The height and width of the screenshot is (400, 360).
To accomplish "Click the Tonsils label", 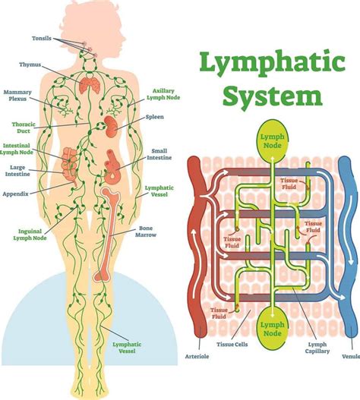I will point(43,37).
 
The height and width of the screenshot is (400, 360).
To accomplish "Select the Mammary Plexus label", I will point(17,96).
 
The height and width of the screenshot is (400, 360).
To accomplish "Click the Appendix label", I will point(15,194).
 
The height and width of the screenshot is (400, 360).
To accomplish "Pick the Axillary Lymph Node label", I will point(163,94).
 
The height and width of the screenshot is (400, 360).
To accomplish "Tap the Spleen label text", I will point(155,118).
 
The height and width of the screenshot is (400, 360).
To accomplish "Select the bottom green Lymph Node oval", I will point(271,326).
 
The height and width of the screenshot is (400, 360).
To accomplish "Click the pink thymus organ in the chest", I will point(90,84).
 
